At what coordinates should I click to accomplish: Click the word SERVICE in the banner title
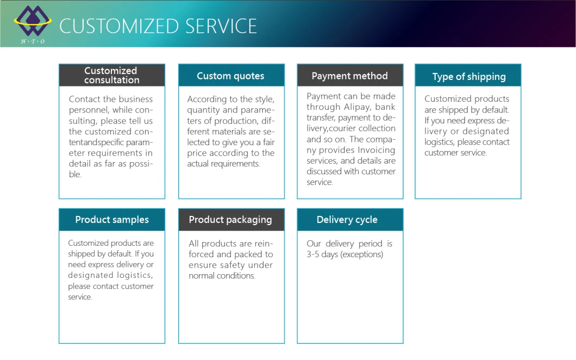[221, 26]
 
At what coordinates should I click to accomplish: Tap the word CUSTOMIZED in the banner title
[119, 26]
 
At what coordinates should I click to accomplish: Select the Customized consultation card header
[112, 76]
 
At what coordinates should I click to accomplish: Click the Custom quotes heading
[230, 76]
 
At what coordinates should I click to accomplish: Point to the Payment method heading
[350, 76]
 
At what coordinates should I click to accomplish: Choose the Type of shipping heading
[469, 77]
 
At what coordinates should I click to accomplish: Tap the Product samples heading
[112, 220]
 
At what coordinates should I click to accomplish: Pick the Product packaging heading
[230, 220]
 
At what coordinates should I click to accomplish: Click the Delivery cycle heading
[347, 220]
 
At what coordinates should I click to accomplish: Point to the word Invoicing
[376, 150]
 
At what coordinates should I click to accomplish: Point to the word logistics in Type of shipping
[440, 142]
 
